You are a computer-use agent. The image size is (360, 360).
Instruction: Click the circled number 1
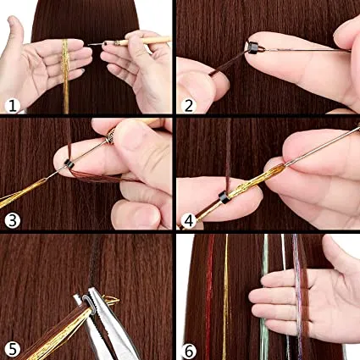click(13, 106)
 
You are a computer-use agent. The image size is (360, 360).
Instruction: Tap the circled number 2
click(189, 106)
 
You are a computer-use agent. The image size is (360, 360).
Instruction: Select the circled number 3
click(13, 220)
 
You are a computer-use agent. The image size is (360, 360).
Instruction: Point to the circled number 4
click(189, 220)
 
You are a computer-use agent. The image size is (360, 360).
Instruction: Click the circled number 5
click(13, 349)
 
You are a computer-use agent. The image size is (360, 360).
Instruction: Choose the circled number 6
click(189, 351)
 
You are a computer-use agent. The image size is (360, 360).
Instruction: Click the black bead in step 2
click(253, 47)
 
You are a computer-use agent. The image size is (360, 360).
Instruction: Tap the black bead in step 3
click(69, 164)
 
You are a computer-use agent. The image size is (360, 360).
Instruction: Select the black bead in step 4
click(224, 197)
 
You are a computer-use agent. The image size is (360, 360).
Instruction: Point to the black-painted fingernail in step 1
click(107, 44)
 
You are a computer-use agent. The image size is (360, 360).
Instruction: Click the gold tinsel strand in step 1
click(65, 76)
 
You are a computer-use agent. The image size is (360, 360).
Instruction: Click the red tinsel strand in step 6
click(209, 296)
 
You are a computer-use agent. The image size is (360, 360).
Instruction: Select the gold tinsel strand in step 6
click(225, 296)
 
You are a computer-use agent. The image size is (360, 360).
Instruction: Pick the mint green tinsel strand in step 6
click(264, 296)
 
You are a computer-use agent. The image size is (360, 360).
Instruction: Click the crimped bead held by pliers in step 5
click(88, 304)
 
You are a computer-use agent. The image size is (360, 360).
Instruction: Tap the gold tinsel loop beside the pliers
click(112, 301)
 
